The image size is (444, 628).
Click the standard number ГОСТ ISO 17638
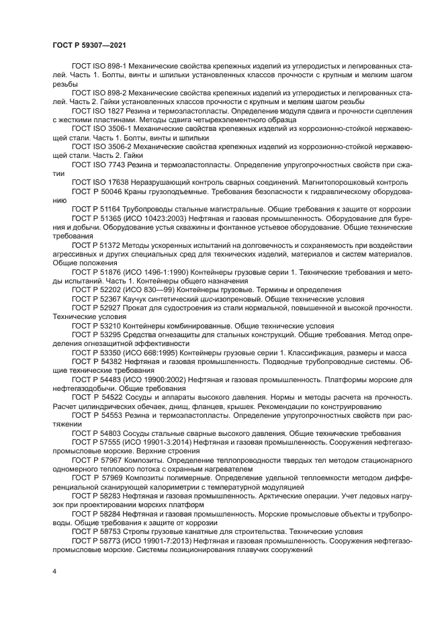coord(98,181)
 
